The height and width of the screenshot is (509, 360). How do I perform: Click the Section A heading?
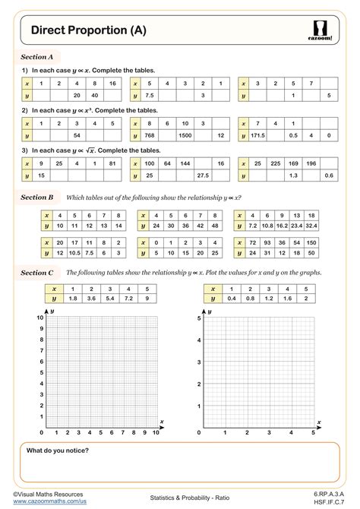(x=36, y=56)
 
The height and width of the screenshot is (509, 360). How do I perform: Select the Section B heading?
(x=36, y=197)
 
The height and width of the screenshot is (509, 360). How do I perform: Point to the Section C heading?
(x=36, y=272)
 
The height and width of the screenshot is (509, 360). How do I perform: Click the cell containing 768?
(x=151, y=135)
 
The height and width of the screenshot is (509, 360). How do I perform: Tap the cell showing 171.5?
(x=260, y=135)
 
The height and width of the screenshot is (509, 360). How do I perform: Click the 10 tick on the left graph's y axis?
(x=40, y=316)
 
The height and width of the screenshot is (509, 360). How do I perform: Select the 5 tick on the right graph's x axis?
(x=314, y=432)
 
